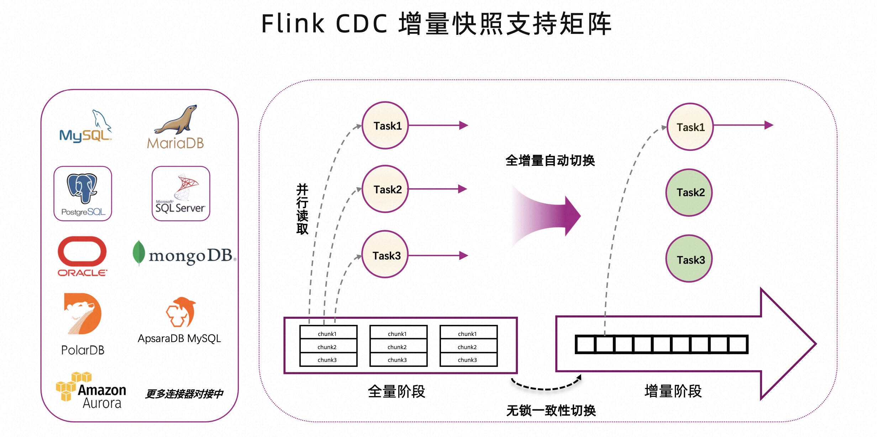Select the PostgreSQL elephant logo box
(83, 193)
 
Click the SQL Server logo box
(181, 193)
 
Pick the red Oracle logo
(82, 256)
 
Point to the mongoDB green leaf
(138, 253)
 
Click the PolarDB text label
(83, 350)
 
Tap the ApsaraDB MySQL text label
(179, 338)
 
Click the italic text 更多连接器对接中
(184, 394)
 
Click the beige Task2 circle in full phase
(385, 189)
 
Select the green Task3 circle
(689, 259)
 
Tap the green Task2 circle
(689, 193)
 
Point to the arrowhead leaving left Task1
(463, 125)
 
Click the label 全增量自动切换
(550, 160)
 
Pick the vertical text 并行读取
(302, 209)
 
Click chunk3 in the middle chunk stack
(397, 360)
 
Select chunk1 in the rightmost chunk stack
(467, 333)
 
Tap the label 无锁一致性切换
(551, 410)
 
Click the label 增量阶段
(673, 391)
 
